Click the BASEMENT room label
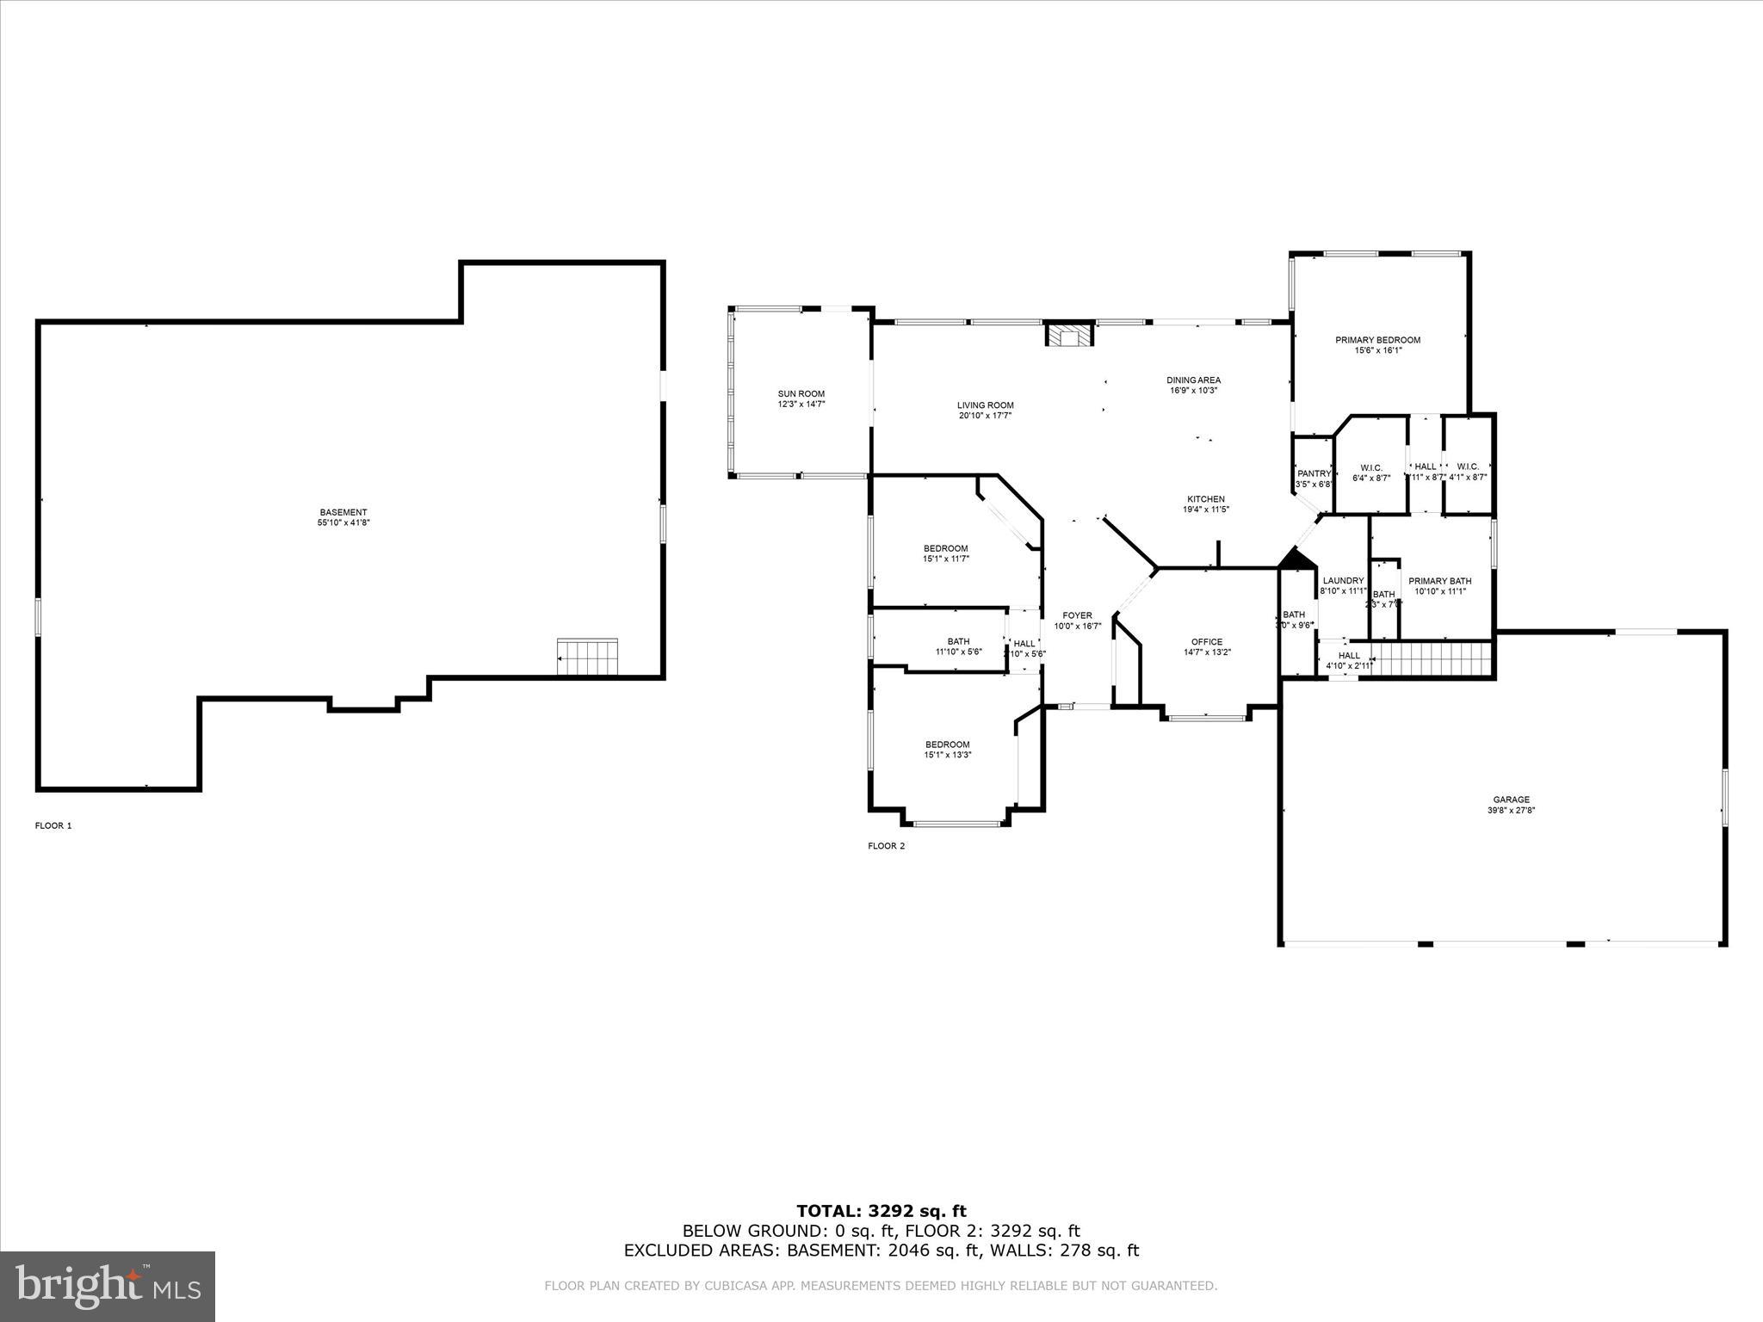point(343,512)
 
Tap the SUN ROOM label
point(801,394)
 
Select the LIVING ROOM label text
point(985,405)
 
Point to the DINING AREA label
point(1193,380)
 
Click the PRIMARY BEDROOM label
point(1377,340)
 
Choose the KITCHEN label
point(1205,499)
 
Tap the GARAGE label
point(1511,800)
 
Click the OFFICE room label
point(1206,642)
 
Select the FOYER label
point(1077,615)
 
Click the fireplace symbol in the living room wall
point(1068,335)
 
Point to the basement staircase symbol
point(587,658)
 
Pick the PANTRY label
point(1314,473)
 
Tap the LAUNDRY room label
point(1343,581)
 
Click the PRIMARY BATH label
point(1439,581)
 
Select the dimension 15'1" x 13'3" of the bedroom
point(947,755)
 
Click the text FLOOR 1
point(53,825)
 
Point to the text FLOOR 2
point(886,846)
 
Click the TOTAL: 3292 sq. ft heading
point(881,1212)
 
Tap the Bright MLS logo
point(108,1286)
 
